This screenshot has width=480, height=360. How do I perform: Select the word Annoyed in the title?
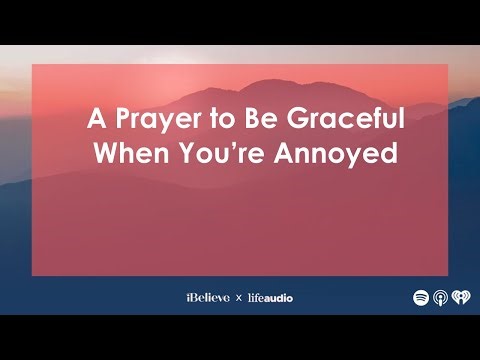tap(344, 155)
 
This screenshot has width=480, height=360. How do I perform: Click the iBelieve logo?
tap(207, 297)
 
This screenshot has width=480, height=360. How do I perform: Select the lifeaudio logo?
tap(270, 297)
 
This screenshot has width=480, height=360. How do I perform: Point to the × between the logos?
tap(238, 298)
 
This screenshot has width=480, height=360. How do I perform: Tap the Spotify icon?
tap(421, 297)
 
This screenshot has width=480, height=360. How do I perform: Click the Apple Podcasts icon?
tap(440, 297)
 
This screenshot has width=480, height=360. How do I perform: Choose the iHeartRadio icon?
tap(459, 297)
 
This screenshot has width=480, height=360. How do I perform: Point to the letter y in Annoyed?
tap(355, 158)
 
